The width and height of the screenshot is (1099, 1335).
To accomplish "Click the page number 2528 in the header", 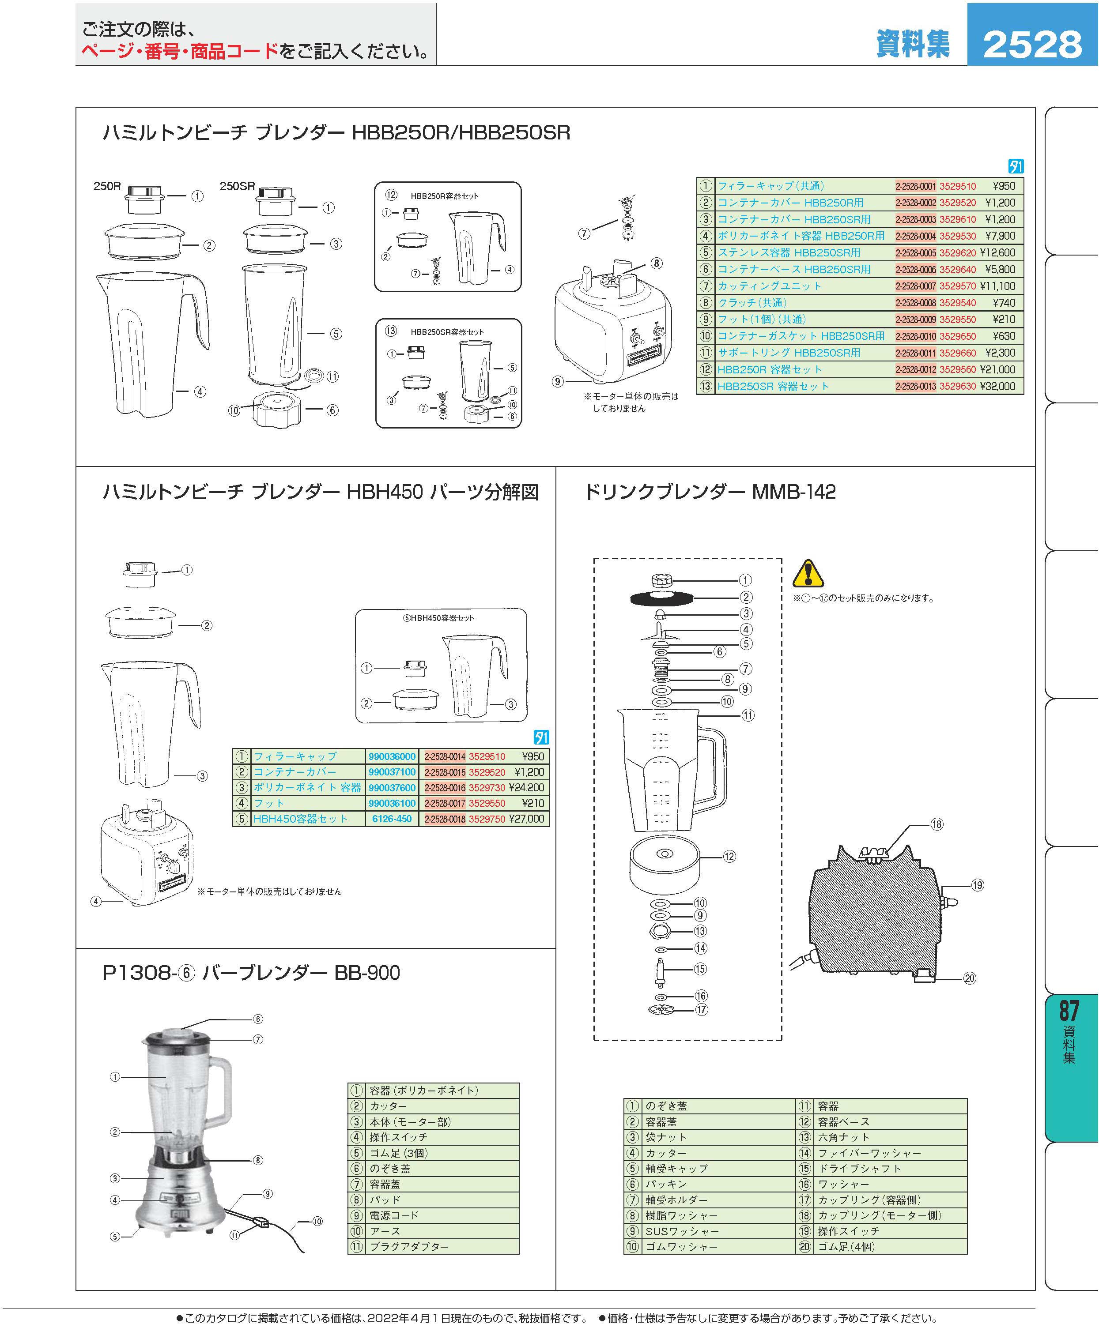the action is pyautogui.click(x=1032, y=44).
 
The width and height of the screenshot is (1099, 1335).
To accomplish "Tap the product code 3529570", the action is pyautogui.click(x=957, y=286).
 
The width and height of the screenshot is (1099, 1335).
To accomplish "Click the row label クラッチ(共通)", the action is pyautogui.click(x=752, y=302).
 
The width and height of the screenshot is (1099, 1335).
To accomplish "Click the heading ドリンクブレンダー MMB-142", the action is pyautogui.click(x=710, y=492).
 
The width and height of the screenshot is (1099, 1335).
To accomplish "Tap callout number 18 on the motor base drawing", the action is pyautogui.click(x=937, y=824).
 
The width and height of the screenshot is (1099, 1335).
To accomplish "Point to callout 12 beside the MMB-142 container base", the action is pyautogui.click(x=729, y=857).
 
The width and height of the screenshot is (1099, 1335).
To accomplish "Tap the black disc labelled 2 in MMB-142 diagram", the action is pyautogui.click(x=660, y=597).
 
